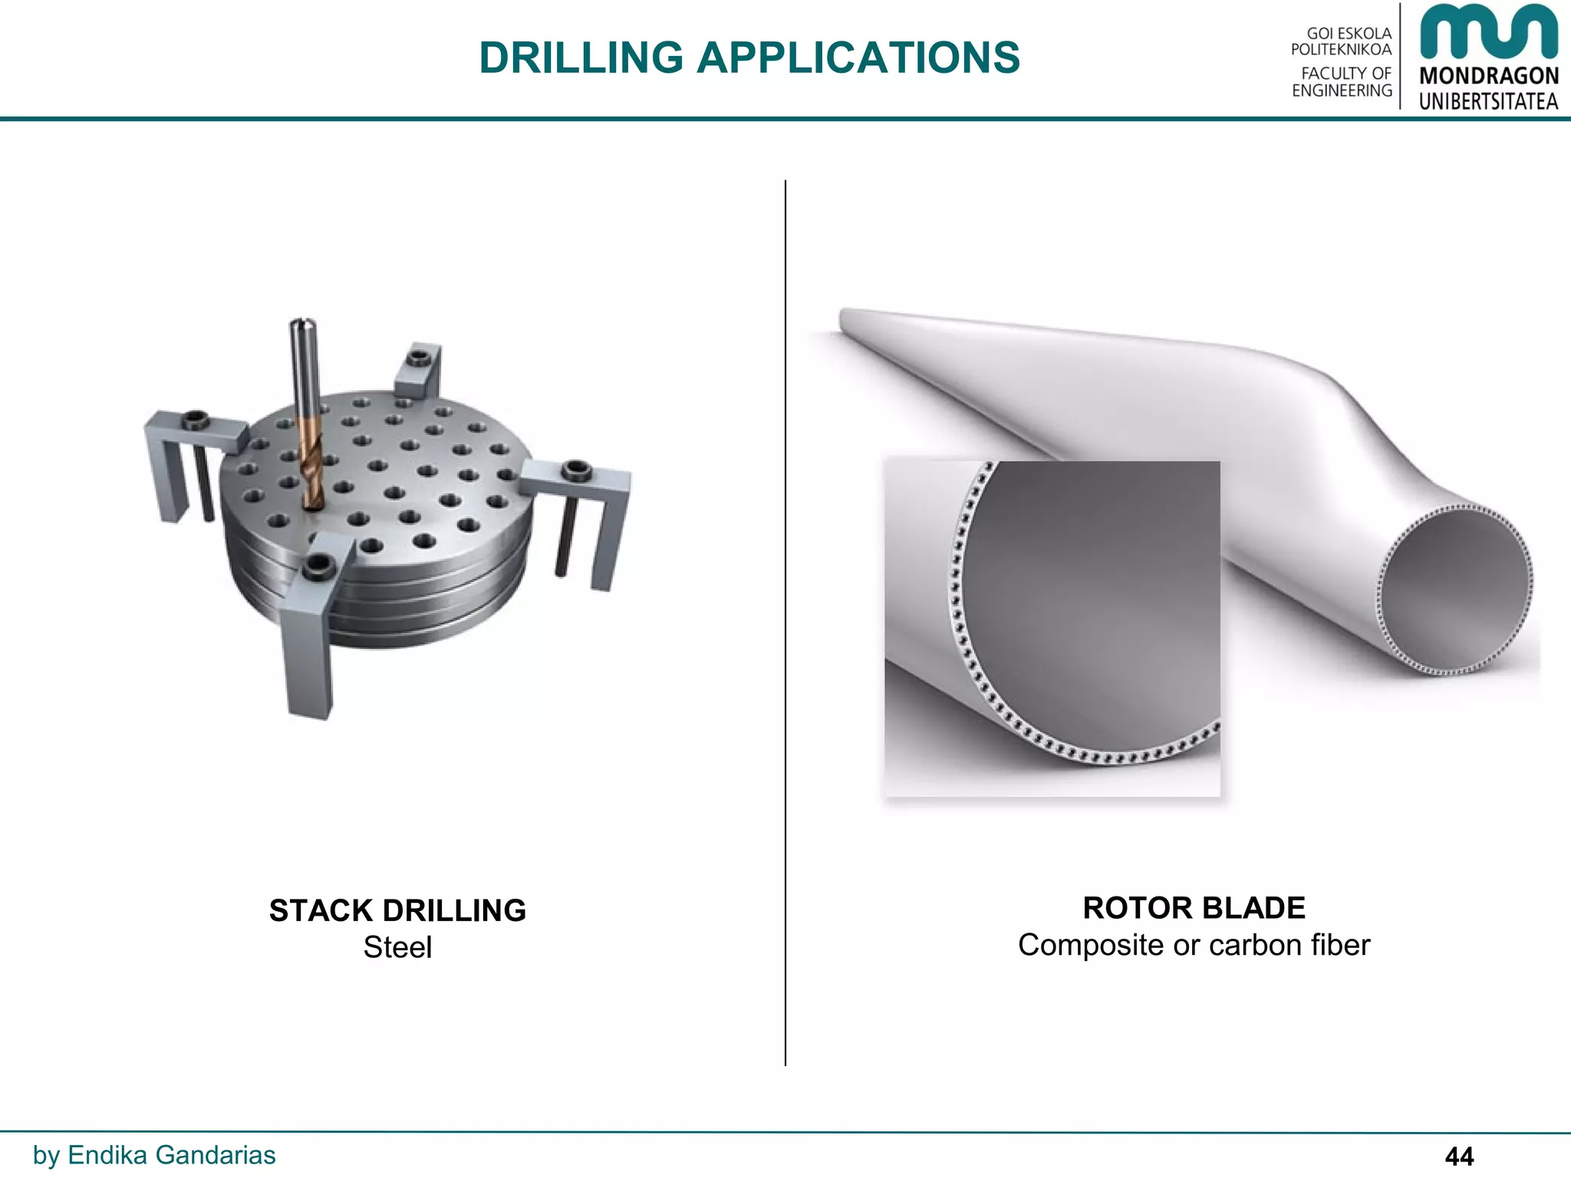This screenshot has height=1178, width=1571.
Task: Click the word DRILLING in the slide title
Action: click(581, 58)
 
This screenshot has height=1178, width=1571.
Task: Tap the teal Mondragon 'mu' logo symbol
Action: click(1488, 32)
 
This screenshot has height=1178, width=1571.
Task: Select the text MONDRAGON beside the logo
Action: click(1488, 76)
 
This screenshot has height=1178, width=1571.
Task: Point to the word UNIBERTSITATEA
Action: click(1488, 101)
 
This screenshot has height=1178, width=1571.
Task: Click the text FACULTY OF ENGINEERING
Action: click(1342, 82)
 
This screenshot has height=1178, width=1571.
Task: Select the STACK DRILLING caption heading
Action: click(397, 910)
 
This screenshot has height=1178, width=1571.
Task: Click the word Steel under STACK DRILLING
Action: click(397, 947)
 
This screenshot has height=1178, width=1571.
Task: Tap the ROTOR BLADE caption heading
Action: click(1194, 908)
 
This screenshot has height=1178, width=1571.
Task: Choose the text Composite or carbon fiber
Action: click(1194, 945)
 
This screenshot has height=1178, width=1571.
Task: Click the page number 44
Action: click(1459, 1156)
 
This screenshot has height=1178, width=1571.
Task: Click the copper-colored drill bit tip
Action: click(311, 468)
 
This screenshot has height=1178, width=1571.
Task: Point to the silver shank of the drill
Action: click(302, 368)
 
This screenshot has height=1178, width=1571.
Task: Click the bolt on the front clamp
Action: click(315, 568)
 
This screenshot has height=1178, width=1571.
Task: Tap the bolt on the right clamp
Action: click(576, 469)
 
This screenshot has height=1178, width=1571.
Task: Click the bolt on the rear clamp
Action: click(418, 357)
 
